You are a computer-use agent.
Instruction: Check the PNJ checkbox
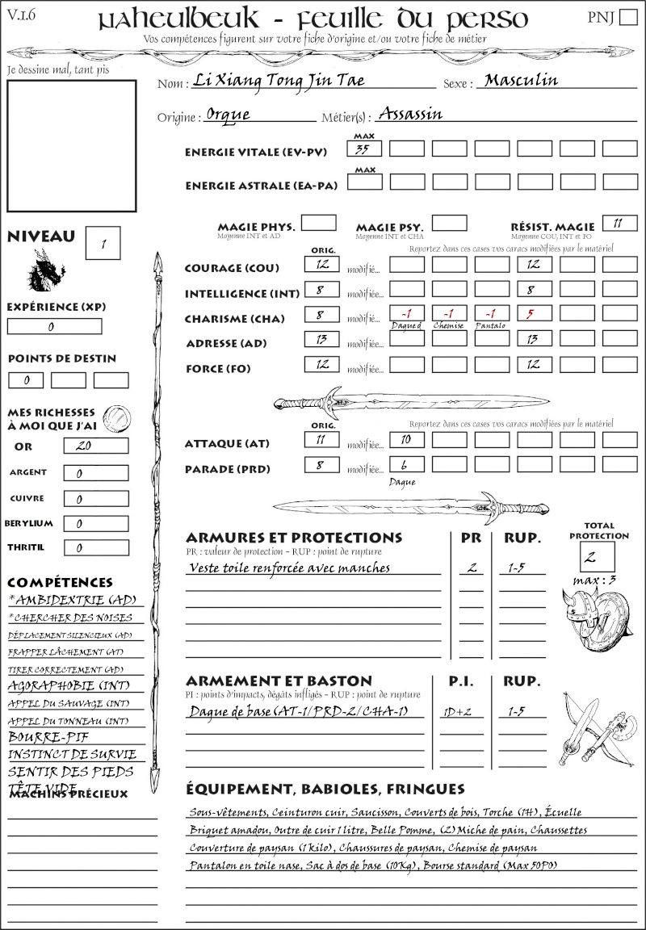pyautogui.click(x=627, y=18)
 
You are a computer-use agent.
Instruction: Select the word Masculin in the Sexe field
pyautogui.click(x=521, y=81)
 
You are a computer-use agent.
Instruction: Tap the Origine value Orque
pyautogui.click(x=228, y=115)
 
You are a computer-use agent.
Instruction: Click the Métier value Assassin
pyautogui.click(x=410, y=114)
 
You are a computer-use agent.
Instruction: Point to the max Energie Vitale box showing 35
pyautogui.click(x=365, y=149)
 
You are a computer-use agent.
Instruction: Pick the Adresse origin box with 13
pyautogui.click(x=322, y=341)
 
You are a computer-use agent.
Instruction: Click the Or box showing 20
pyautogui.click(x=95, y=446)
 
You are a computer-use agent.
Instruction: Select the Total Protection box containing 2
pyautogui.click(x=598, y=556)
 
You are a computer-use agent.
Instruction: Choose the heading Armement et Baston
pyautogui.click(x=279, y=681)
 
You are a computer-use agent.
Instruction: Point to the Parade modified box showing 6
pyautogui.click(x=406, y=466)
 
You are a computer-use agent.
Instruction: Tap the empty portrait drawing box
pyautogui.click(x=70, y=145)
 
